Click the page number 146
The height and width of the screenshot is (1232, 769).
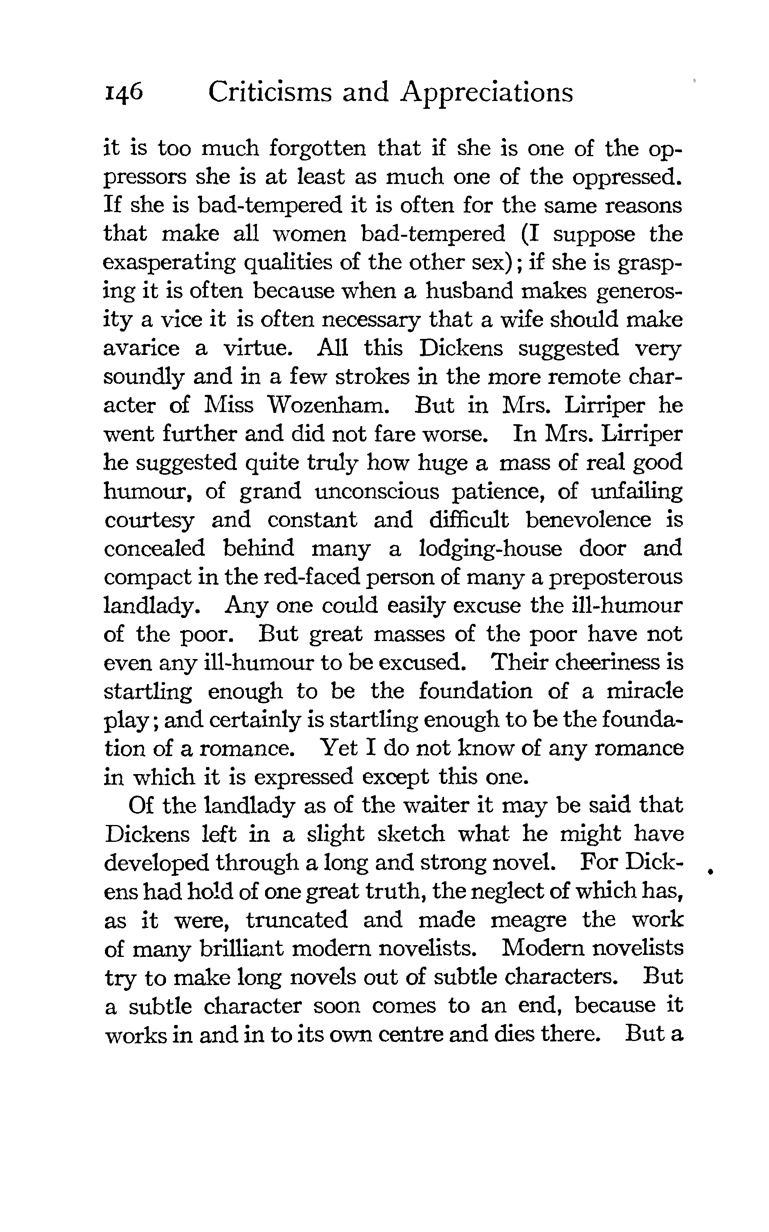point(124,94)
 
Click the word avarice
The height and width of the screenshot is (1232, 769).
point(141,349)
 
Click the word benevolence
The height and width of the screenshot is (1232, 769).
point(588,520)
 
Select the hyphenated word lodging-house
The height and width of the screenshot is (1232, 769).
point(491,549)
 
